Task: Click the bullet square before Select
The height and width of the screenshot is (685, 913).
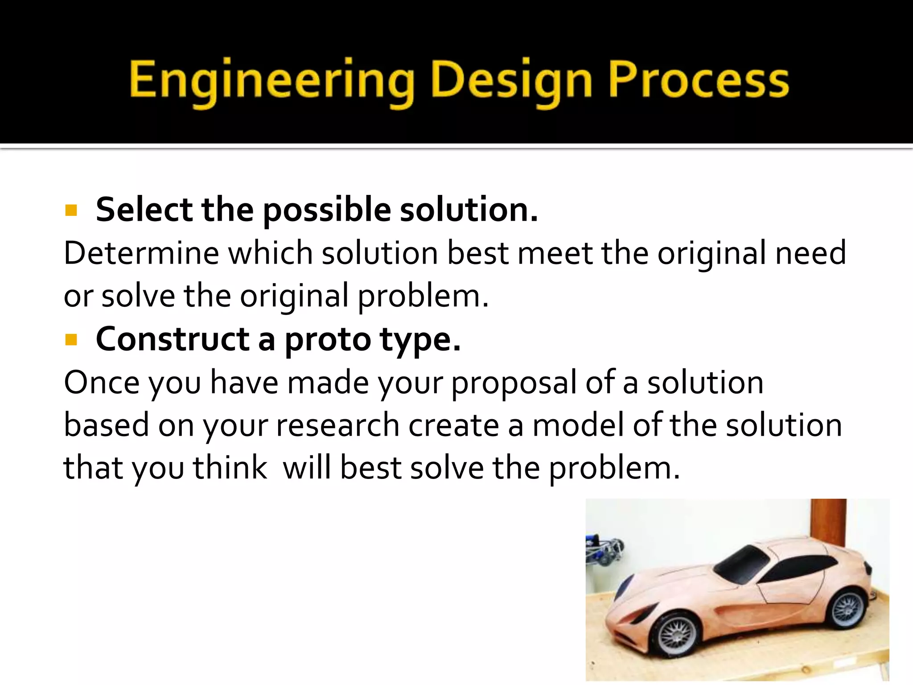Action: coord(71,210)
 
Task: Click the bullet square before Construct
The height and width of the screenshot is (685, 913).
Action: coord(71,340)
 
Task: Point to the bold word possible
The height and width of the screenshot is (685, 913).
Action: coord(327,210)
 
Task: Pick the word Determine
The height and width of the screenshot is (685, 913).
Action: coord(141,253)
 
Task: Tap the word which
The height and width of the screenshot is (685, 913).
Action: coord(271,253)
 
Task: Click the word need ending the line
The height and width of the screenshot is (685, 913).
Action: coord(810,253)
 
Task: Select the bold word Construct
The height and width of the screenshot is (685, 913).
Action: coord(173,340)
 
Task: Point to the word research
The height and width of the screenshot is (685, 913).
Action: coord(337,425)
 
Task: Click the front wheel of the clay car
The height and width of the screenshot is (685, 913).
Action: coord(677,635)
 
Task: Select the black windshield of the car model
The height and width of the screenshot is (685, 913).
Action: coord(742,564)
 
